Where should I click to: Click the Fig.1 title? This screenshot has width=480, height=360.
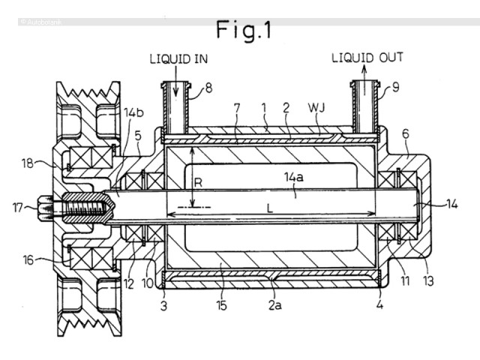244,30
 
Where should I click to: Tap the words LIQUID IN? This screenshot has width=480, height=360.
178,58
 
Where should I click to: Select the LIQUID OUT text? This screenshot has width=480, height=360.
367,58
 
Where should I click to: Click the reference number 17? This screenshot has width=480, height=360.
18,208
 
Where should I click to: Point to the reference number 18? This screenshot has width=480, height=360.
28,163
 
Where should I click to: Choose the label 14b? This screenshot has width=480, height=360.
133,112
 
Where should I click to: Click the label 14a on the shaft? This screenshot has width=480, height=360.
294,177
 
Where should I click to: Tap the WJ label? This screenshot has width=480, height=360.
316,108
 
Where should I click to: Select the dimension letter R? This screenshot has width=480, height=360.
198,183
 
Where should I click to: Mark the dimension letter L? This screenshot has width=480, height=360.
269,208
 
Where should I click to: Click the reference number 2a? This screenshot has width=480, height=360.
275,305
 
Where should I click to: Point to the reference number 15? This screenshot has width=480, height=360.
221,305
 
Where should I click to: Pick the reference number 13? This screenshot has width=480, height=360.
428,281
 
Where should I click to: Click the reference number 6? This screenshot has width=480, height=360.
406,133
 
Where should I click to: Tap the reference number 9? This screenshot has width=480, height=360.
396,88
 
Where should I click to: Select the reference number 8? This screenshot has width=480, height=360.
208,88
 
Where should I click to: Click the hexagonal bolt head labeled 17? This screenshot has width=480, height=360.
45,208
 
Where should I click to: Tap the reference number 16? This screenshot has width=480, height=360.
28,260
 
